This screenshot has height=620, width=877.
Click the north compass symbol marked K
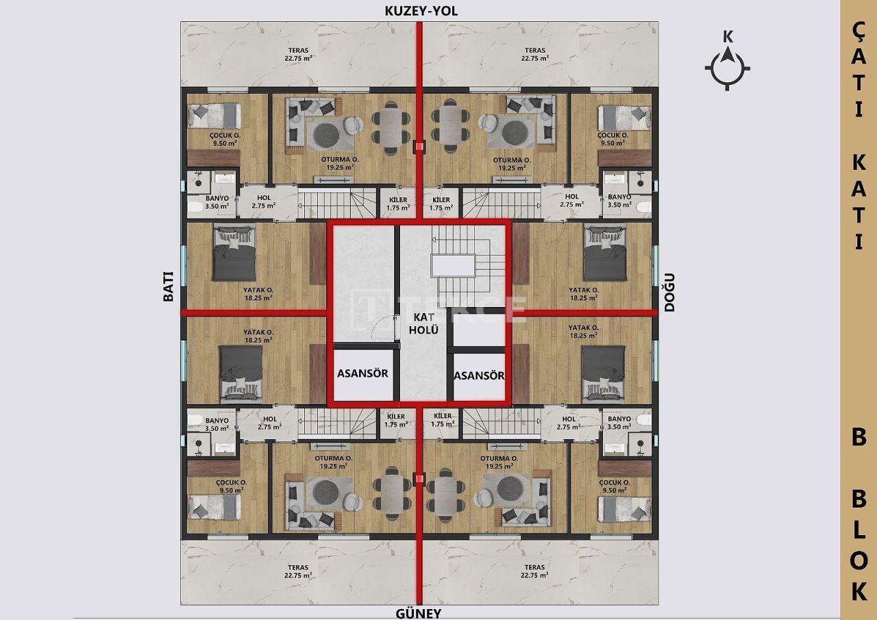[x=728, y=66]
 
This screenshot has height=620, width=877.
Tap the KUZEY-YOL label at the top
[x=420, y=11]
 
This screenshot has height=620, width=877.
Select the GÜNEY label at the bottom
[x=417, y=613]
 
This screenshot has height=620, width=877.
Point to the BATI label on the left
[x=168, y=286]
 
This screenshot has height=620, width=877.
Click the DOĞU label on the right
[x=670, y=292]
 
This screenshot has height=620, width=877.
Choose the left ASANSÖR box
[x=362, y=374]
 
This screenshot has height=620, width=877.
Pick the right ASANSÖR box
[x=479, y=375]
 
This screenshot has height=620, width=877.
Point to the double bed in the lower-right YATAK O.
[x=604, y=373]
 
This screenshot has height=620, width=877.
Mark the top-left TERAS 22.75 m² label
[x=298, y=54]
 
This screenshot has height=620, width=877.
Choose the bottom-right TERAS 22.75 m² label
[x=534, y=571]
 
